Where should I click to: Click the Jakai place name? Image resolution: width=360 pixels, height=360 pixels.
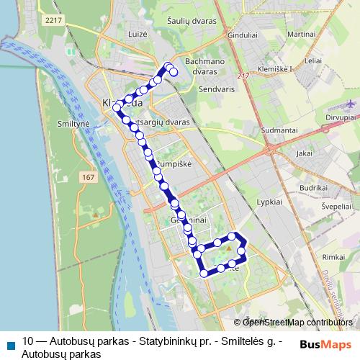[x=304, y=153]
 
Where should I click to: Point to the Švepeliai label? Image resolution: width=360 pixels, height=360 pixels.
[x=337, y=205]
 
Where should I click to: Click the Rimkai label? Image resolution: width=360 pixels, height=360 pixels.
[x=334, y=257]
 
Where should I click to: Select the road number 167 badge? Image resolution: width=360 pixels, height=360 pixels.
[x=89, y=177]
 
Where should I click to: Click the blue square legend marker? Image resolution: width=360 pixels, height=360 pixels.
[x=10, y=343]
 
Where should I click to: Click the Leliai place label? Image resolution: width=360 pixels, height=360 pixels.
[x=312, y=62]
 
